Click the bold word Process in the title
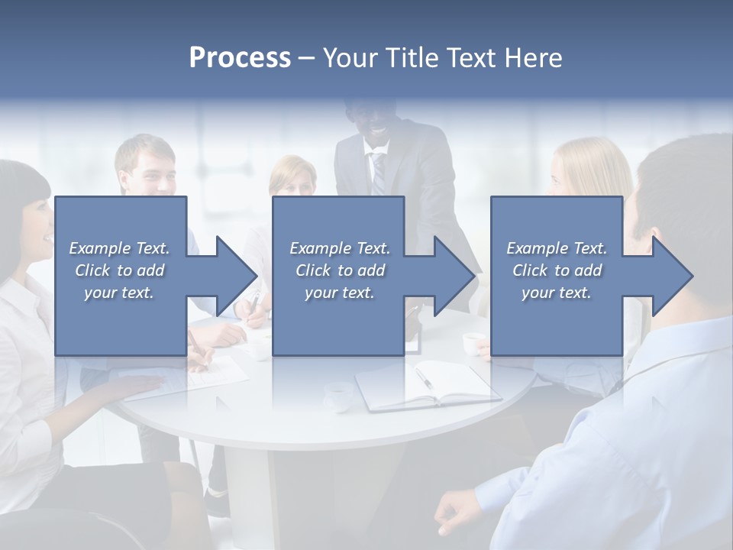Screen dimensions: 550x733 click(x=240, y=58)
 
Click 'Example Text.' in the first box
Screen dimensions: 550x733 click(x=119, y=248)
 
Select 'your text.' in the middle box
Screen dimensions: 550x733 click(x=339, y=293)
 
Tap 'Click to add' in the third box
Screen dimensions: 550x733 click(x=557, y=270)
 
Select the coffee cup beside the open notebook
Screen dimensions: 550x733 click(x=338, y=394)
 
